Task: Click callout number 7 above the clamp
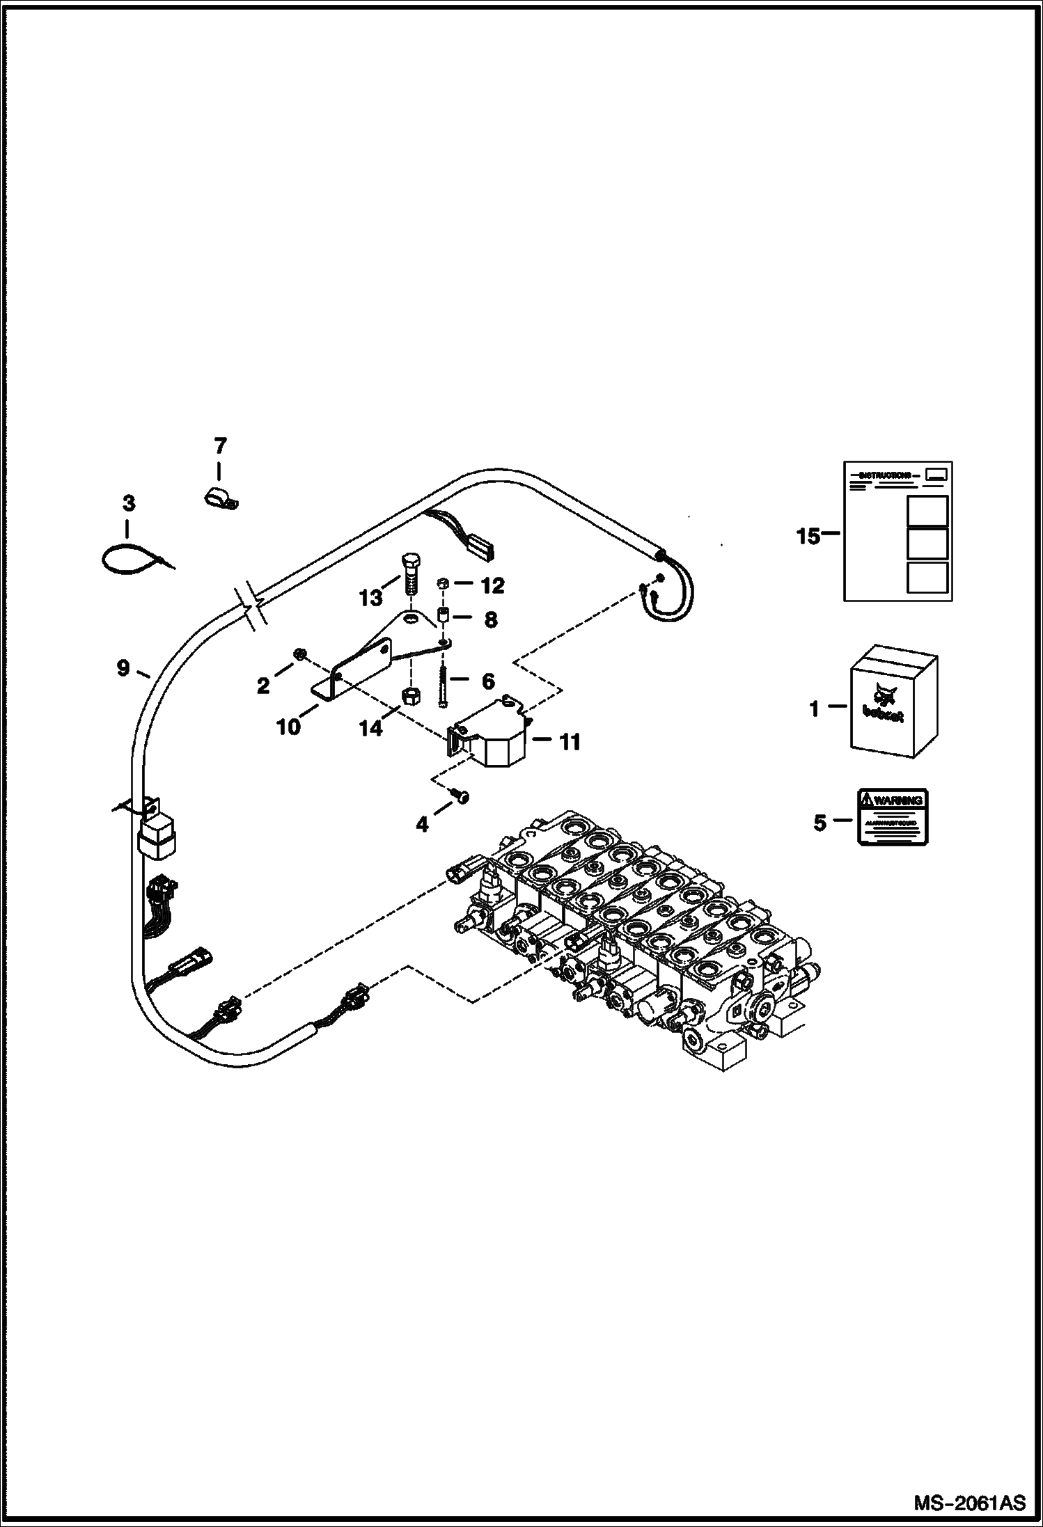[219, 445]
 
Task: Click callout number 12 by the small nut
[492, 586]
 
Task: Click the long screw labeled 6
[444, 682]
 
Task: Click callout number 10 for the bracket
[289, 727]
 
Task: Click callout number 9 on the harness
[123, 669]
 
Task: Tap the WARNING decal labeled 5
[893, 817]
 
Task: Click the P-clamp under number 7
[219, 498]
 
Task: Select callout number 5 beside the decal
[819, 823]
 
